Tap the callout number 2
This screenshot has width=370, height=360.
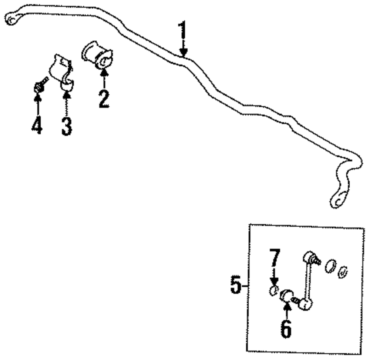pos(104,98)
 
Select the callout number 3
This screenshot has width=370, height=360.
pos(66,126)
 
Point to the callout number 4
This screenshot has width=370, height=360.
pos(37,125)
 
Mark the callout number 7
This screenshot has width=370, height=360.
pos(274,259)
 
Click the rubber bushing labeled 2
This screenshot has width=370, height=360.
pos(98,56)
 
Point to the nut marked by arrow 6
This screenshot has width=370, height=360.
pos(287,296)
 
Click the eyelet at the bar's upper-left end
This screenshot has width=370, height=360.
pos(11,18)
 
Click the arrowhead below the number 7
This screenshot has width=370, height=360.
pos(274,282)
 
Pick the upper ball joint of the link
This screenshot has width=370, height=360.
pos(309,257)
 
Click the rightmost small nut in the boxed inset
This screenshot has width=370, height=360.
pos(343,271)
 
